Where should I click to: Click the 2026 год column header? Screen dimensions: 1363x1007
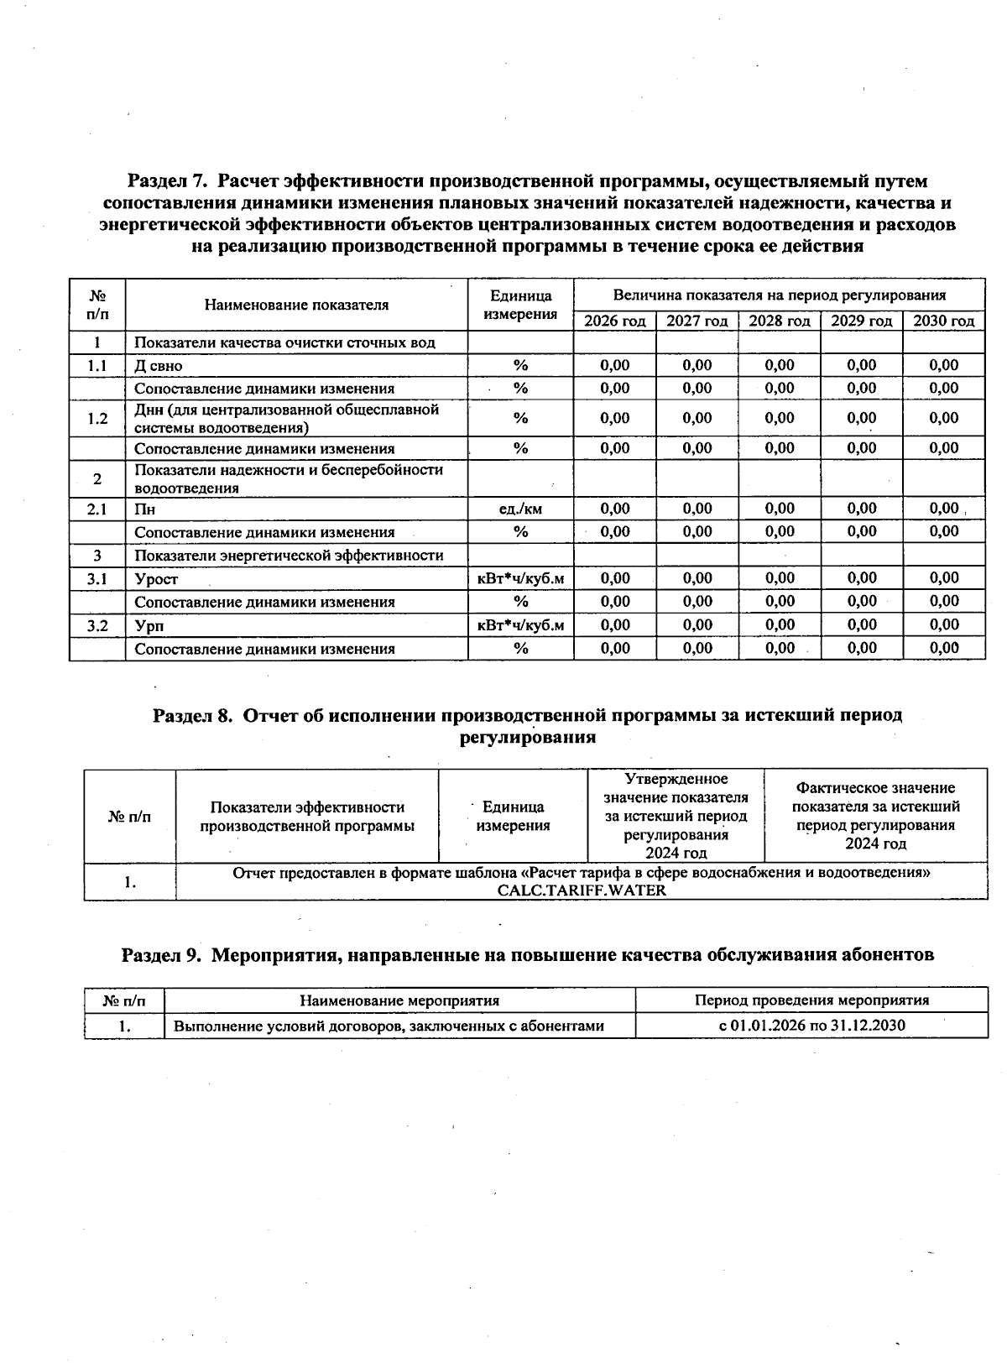click(x=614, y=321)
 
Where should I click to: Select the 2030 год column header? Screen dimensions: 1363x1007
click(x=943, y=321)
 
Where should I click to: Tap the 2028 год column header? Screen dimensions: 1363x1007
click(x=779, y=321)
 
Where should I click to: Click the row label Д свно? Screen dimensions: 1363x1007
click(x=159, y=366)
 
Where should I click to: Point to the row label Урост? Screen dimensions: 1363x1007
click(x=156, y=579)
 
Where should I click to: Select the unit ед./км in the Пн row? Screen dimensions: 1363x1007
click(x=520, y=509)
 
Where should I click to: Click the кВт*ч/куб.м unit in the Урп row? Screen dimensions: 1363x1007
click(x=520, y=625)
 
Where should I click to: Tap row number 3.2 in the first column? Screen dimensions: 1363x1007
click(x=97, y=625)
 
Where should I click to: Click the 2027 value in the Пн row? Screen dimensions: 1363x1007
click(x=697, y=509)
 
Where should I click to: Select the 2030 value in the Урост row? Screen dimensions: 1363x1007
click(x=944, y=578)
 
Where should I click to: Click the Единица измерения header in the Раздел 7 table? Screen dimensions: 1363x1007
click(x=520, y=305)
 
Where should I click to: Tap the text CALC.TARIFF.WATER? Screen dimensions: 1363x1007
click(x=581, y=890)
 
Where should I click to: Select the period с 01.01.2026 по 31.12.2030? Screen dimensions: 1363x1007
click(x=811, y=1026)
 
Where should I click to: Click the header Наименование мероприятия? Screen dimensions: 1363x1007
click(x=399, y=1000)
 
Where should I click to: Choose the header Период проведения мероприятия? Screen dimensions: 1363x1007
click(x=811, y=1000)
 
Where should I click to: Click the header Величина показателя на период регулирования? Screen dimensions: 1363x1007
click(x=779, y=295)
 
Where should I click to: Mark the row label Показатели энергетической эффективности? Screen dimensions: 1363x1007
click(x=289, y=556)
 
